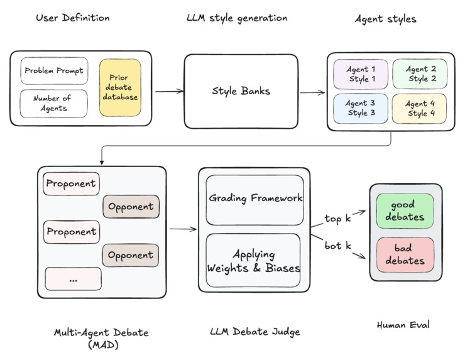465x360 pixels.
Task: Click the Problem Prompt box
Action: click(x=53, y=71)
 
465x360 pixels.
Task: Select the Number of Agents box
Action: click(x=53, y=103)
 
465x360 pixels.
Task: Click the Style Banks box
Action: click(x=241, y=90)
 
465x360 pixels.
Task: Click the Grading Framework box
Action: click(x=254, y=199)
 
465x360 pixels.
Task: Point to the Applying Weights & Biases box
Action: click(x=254, y=260)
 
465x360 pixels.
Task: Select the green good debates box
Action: click(x=405, y=210)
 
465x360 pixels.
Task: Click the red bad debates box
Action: click(x=405, y=254)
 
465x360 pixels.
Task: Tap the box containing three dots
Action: click(x=73, y=278)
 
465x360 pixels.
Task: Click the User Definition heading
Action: click(x=73, y=18)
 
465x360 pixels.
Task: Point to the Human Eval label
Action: click(x=403, y=325)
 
